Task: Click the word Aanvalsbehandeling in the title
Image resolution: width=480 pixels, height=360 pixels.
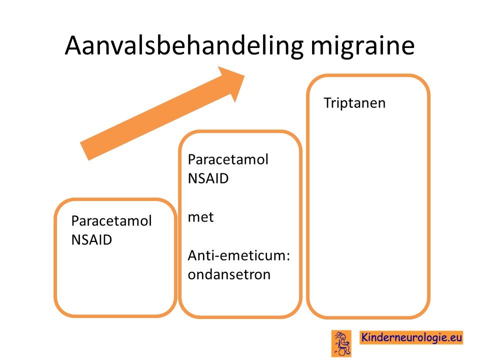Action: tap(184, 46)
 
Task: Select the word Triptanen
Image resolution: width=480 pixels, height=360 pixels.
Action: tap(354, 103)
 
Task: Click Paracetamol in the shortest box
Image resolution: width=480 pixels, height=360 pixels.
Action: tap(111, 220)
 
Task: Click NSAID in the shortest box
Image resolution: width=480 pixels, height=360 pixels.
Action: tap(91, 239)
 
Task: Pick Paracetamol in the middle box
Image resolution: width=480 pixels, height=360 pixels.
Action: tap(228, 159)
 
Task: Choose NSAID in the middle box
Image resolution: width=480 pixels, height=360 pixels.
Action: tap(208, 178)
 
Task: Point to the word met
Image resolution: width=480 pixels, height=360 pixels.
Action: tap(201, 217)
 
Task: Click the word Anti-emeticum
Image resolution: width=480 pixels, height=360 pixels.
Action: tap(237, 255)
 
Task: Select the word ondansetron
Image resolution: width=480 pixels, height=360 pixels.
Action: tap(229, 274)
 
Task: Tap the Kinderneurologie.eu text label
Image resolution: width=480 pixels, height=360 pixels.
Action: tap(411, 337)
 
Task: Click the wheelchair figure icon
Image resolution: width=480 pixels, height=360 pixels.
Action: tap(341, 343)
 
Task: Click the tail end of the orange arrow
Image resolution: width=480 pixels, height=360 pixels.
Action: tap(84, 151)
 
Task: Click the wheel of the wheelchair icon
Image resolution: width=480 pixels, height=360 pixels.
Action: tap(342, 352)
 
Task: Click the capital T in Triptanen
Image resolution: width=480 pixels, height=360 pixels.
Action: tap(327, 103)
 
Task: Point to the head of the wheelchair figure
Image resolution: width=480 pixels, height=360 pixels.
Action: tap(343, 336)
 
